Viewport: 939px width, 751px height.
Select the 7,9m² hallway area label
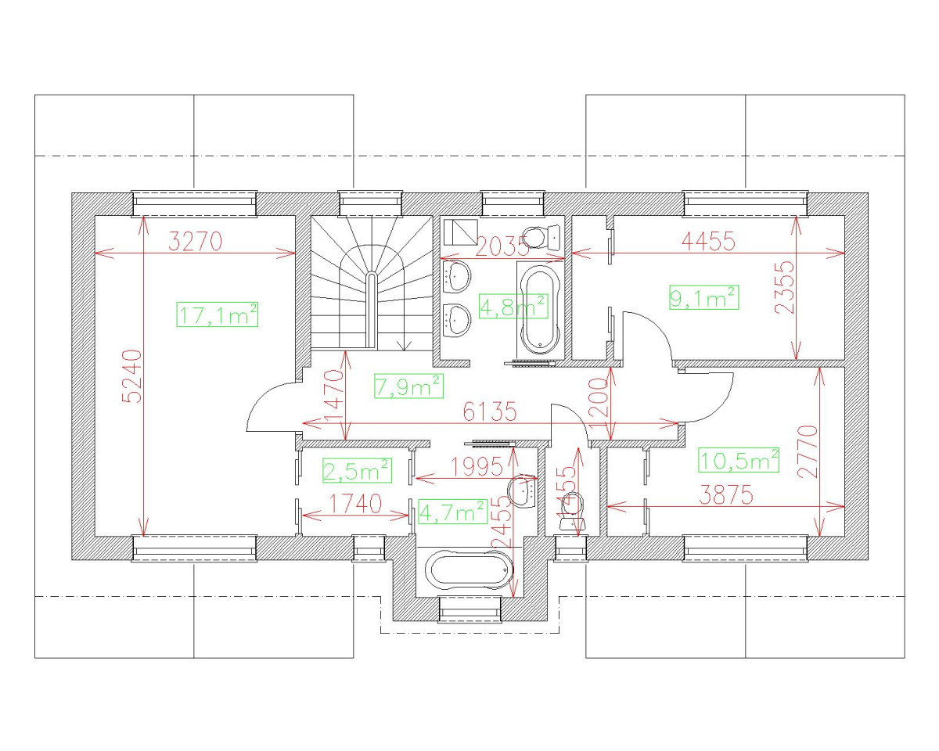coord(408,385)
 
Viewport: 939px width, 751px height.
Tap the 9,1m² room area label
coord(704,297)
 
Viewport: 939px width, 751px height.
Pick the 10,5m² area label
coord(739,460)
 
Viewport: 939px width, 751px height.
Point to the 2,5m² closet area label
coord(357,470)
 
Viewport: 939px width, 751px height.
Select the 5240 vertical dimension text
coord(133,375)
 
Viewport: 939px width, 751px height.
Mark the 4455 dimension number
coord(708,242)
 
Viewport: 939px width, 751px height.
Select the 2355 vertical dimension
coord(785,287)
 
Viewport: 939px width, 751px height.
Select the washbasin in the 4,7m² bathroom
coord(521,491)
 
